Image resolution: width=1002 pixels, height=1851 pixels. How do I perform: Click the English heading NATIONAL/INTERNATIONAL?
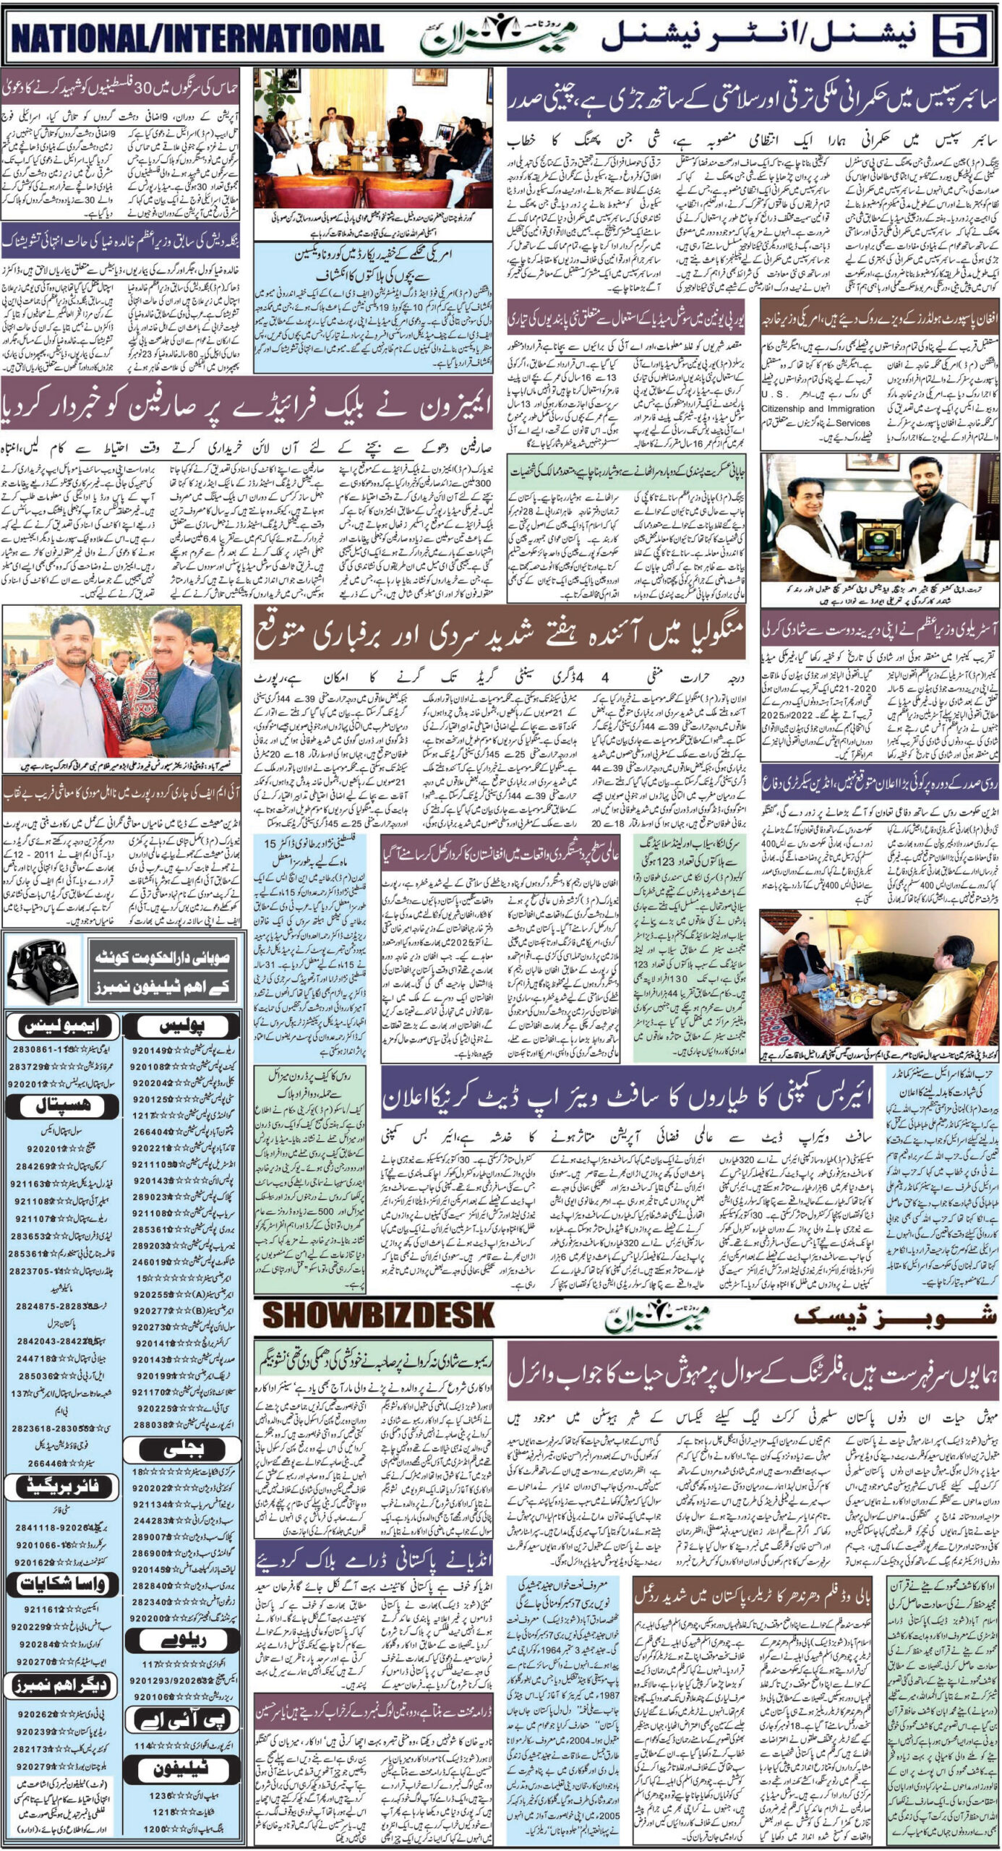[x=197, y=38]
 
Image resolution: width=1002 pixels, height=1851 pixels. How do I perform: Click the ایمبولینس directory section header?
[x=59, y=1025]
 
